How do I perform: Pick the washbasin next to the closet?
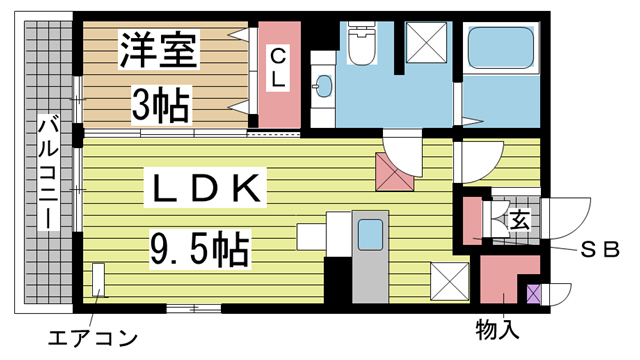(x=322, y=86)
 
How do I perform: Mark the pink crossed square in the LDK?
(x=394, y=171)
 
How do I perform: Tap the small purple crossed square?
(x=533, y=295)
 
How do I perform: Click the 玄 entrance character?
(x=521, y=218)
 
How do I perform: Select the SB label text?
(x=598, y=248)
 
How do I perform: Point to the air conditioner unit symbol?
(x=99, y=280)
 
